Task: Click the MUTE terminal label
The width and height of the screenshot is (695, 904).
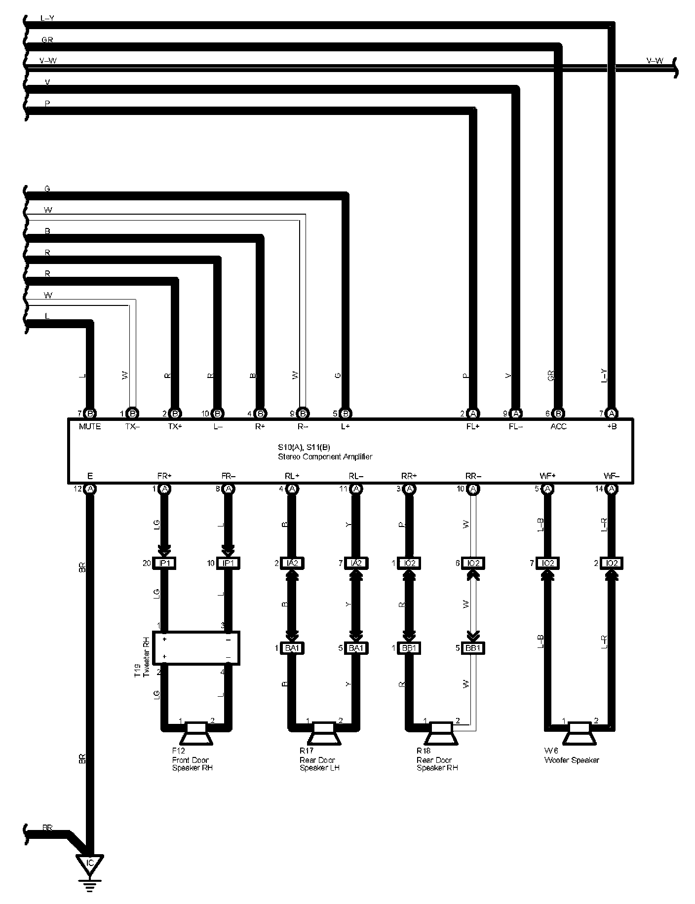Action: tap(90, 426)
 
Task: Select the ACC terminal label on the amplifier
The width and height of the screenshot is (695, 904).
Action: tap(558, 426)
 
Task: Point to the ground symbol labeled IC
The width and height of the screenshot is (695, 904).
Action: tap(89, 864)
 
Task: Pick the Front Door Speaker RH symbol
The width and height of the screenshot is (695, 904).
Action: tap(196, 734)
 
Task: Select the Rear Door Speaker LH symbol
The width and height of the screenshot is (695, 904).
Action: tap(324, 734)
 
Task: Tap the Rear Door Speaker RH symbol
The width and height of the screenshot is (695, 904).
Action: tap(441, 734)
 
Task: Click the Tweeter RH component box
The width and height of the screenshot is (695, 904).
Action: tap(196, 648)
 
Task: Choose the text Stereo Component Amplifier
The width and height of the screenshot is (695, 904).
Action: tap(325, 457)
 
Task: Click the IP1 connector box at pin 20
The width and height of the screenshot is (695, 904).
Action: tap(164, 563)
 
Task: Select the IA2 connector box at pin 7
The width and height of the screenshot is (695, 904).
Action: tap(355, 563)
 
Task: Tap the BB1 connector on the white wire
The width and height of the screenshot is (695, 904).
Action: tap(473, 648)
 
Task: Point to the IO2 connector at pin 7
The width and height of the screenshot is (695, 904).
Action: tap(547, 563)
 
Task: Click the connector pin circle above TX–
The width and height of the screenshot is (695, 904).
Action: tap(132, 414)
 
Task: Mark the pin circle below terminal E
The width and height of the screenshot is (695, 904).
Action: tap(90, 489)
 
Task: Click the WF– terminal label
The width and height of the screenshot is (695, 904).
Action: tap(611, 476)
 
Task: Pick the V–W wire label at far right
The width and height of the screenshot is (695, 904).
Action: tap(655, 61)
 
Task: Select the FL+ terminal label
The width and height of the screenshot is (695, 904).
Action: tap(473, 426)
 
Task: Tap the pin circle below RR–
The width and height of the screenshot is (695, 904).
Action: tap(473, 489)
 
